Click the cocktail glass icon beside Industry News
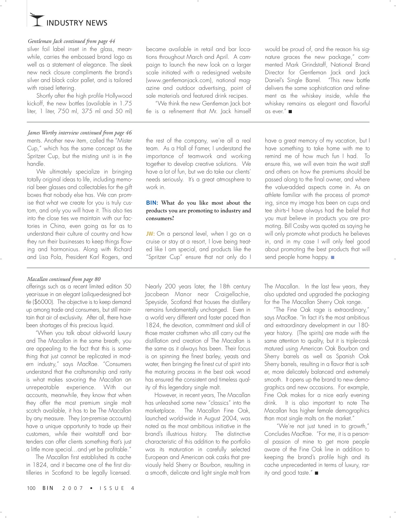click(36, 20)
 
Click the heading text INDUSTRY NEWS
click(77, 23)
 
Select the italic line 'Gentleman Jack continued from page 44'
click(71, 41)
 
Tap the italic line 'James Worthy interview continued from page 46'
click(80, 133)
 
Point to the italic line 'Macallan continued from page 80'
click(64, 279)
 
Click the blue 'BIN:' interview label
click(152, 203)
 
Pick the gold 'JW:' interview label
click(150, 234)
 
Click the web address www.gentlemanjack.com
click(179, 80)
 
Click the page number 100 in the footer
click(31, 488)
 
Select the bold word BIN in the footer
click(48, 488)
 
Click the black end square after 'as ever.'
click(290, 112)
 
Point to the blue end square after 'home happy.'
click(333, 257)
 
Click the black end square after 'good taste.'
click(316, 473)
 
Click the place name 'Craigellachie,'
click(233, 294)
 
